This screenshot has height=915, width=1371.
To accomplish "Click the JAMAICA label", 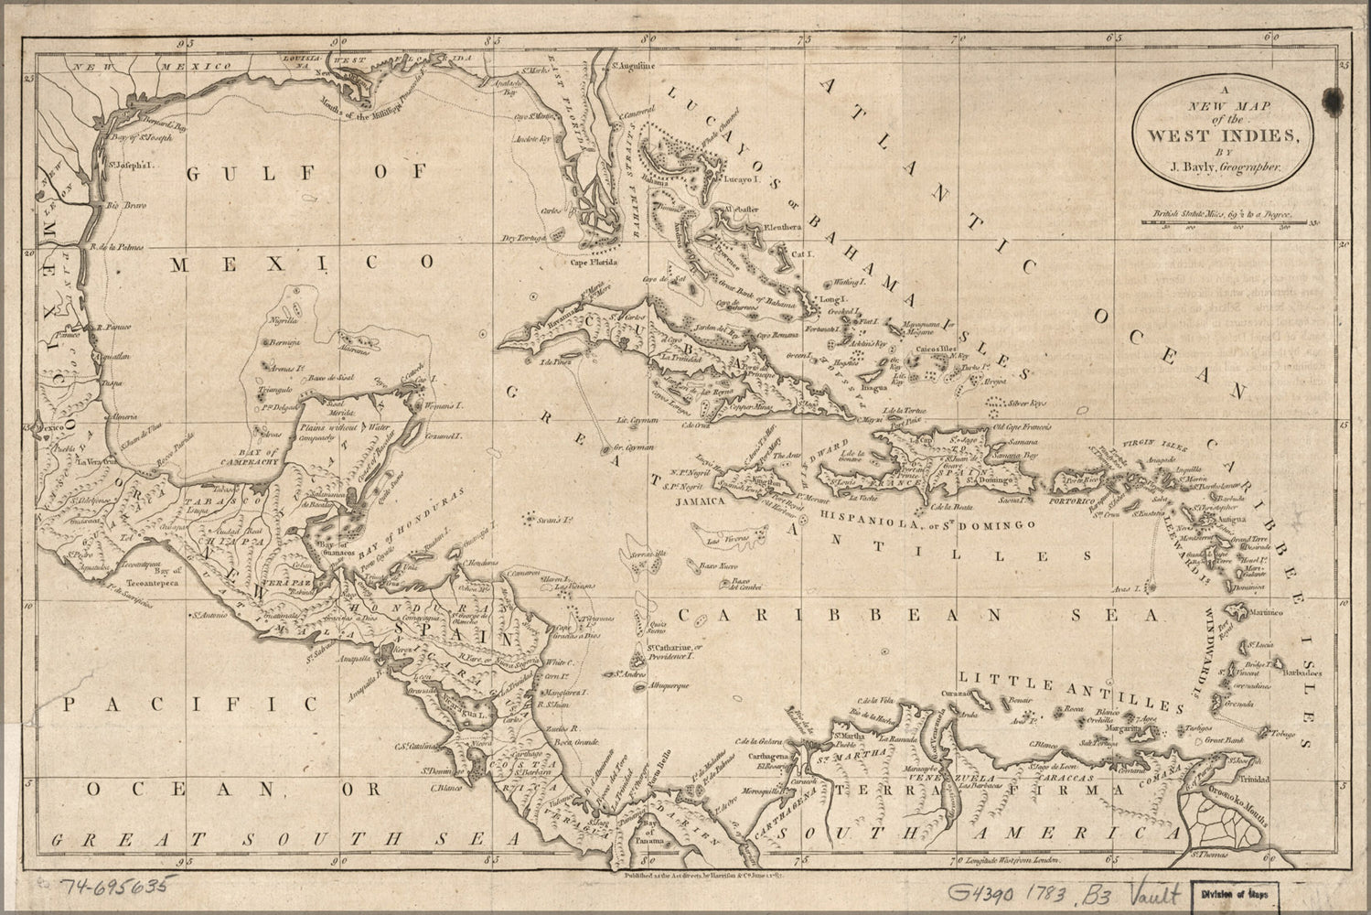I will [x=701, y=502].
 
